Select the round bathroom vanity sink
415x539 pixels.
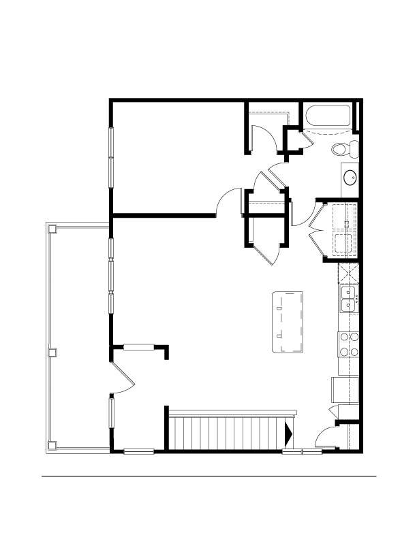350,178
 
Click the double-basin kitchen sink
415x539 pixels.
349,298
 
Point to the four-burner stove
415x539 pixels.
349,344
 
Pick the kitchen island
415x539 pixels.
288,322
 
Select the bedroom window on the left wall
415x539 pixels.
110,157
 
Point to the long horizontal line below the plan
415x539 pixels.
209,476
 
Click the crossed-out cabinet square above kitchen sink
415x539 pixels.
349,274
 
